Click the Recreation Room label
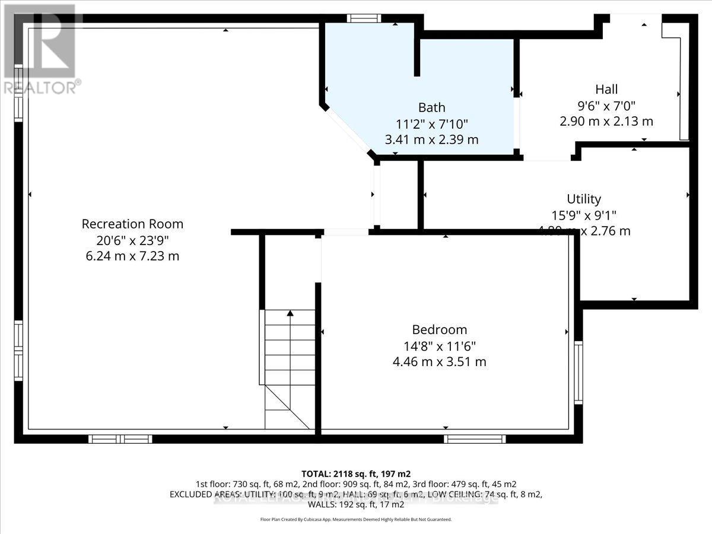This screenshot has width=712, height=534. tap(132, 224)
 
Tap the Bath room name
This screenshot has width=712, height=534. tap(431, 108)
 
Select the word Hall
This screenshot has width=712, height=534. tap(606, 90)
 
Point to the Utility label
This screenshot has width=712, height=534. tap(584, 199)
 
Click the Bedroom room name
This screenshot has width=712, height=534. tap(440, 330)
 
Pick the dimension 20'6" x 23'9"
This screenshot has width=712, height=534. tap(132, 241)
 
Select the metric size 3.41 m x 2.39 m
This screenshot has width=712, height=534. tap(431, 140)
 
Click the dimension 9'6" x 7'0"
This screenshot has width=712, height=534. tap(606, 106)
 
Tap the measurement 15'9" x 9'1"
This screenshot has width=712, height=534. tap(584, 215)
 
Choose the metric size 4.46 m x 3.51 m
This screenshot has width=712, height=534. tap(440, 361)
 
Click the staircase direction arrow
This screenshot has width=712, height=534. tap(290, 313)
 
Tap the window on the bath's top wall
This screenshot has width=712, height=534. tap(364, 18)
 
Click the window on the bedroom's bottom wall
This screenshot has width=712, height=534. tap(475, 439)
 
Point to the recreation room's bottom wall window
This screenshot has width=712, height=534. tap(120, 439)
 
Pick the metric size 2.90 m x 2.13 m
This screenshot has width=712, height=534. tap(606, 122)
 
